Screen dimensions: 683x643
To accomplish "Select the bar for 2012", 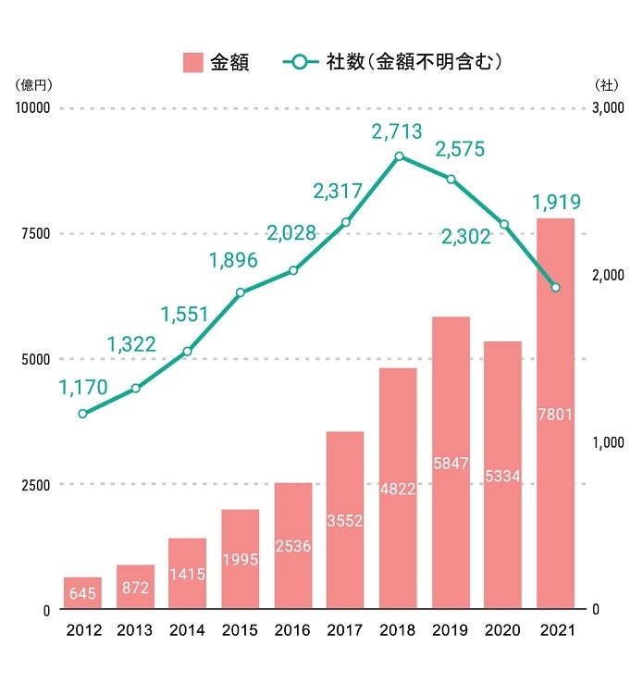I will pyautogui.click(x=82, y=593).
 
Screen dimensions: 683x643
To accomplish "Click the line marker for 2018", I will pyautogui.click(x=399, y=156).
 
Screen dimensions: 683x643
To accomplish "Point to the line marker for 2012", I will pyautogui.click(x=82, y=414).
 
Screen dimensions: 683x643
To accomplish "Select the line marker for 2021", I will pyautogui.click(x=555, y=288).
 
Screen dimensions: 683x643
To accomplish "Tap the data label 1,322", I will pyautogui.click(x=131, y=345).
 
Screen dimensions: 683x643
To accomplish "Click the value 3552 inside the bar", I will pyautogui.click(x=345, y=521).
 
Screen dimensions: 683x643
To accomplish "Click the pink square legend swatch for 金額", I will pyautogui.click(x=192, y=62).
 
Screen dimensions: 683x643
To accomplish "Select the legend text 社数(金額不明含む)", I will pyautogui.click(x=413, y=62).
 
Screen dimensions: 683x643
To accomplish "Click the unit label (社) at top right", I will pyautogui.click(x=607, y=85).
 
